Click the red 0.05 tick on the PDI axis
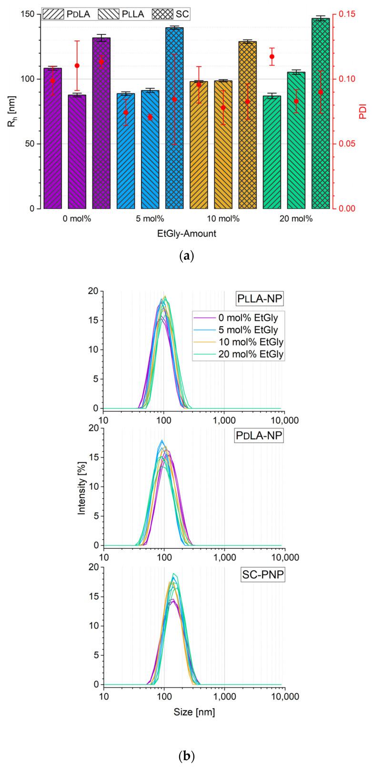click(x=345, y=144)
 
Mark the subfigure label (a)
click(x=186, y=256)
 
